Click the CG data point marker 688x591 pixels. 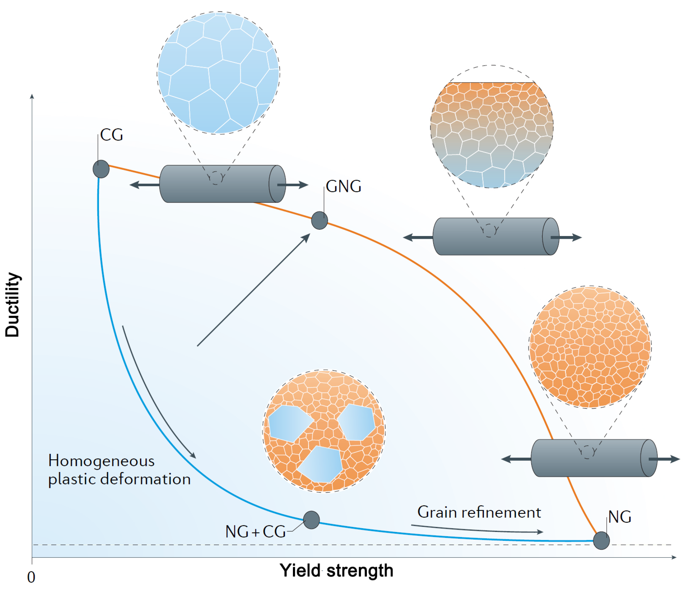pos(101,169)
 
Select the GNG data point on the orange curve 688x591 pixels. pos(320,220)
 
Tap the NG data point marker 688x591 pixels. pos(601,541)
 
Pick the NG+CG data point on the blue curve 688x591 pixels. pos(311,520)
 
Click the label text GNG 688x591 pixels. pos(343,187)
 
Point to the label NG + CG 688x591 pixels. pos(255,532)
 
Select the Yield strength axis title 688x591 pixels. pos(336,571)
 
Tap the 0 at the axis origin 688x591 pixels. pos(31,578)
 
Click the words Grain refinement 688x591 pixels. pos(479,513)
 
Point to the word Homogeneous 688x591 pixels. pos(101,461)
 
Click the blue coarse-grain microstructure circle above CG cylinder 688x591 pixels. pos(218,73)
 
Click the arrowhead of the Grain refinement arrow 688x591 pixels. pos(540,532)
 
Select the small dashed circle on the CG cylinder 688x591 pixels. pos(215,178)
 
